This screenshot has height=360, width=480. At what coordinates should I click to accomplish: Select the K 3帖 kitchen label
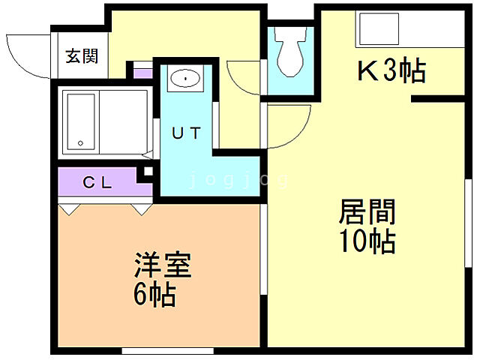point(390,72)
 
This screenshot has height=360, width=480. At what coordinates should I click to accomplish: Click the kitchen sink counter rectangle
point(382,31)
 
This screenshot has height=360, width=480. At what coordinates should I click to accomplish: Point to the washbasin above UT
point(183,78)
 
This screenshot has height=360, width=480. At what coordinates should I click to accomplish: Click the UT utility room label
point(186,133)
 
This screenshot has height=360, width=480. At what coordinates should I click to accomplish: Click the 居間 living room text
point(367,212)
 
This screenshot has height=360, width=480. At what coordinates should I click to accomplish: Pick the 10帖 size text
point(367,241)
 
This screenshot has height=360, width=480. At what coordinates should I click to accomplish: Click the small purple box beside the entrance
point(142,73)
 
